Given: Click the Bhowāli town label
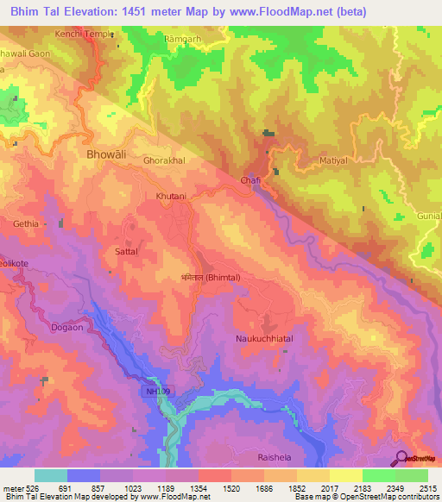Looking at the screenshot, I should click(x=106, y=154).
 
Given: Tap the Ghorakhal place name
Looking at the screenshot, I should click(x=164, y=160).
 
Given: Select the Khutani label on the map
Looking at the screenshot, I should click(x=170, y=197).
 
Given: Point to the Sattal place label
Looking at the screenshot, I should click(x=127, y=252).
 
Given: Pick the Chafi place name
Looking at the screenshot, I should click(x=250, y=180).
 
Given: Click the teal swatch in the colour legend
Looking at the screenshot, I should click(x=50, y=475).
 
